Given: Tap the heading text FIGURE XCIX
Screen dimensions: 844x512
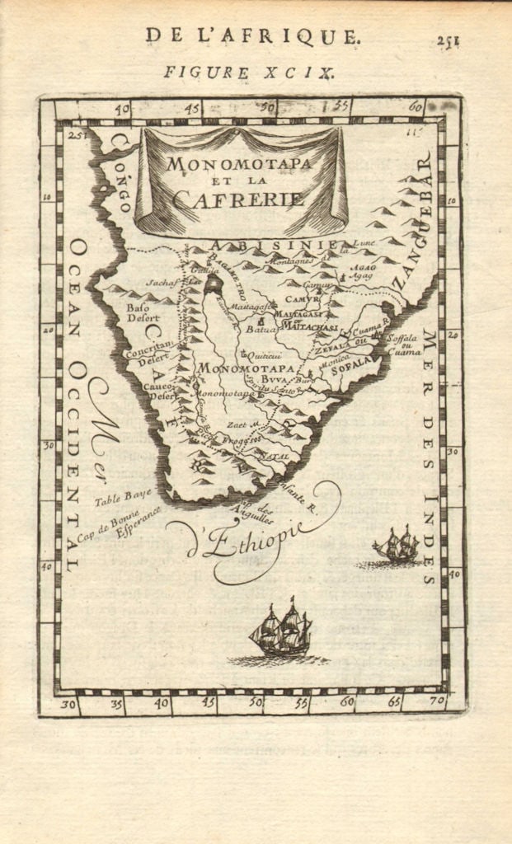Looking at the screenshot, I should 248,73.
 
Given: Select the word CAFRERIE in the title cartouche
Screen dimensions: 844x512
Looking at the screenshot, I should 238,199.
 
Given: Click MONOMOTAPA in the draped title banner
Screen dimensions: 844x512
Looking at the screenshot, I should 239,162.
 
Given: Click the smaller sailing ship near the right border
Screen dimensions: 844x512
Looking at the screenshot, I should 397,545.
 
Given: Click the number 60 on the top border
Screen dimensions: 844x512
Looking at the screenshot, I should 415,105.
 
